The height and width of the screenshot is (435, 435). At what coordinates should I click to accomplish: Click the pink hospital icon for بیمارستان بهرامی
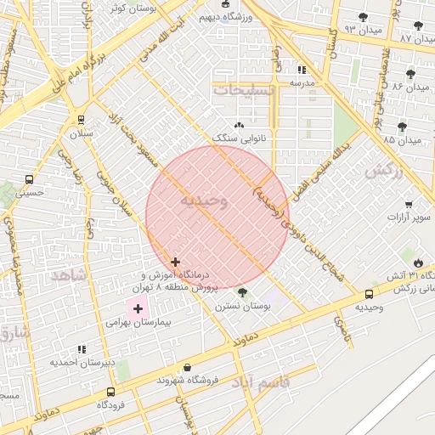tap(138, 308)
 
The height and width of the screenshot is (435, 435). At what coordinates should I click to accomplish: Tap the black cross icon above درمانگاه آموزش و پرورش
tap(175, 263)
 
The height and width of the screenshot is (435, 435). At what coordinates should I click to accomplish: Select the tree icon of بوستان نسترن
tap(243, 292)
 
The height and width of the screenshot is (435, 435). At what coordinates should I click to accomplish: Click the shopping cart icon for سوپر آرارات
tap(409, 204)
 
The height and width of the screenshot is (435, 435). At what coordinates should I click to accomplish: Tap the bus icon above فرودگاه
tap(110, 392)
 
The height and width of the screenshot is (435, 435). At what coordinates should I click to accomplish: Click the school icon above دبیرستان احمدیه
tap(82, 349)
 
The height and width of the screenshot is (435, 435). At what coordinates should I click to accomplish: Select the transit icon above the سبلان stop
tap(81, 120)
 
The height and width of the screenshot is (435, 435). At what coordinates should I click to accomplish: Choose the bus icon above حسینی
tap(30, 179)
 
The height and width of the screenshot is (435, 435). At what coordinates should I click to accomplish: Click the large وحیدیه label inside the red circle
tap(204, 201)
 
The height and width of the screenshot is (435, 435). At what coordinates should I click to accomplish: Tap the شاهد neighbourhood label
tap(69, 275)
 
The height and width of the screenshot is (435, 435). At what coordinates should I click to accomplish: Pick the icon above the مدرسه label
tap(302, 70)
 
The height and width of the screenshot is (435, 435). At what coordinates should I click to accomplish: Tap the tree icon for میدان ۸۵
tap(411, 126)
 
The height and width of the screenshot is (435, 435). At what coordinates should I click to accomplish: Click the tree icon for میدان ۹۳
tap(363, 17)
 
